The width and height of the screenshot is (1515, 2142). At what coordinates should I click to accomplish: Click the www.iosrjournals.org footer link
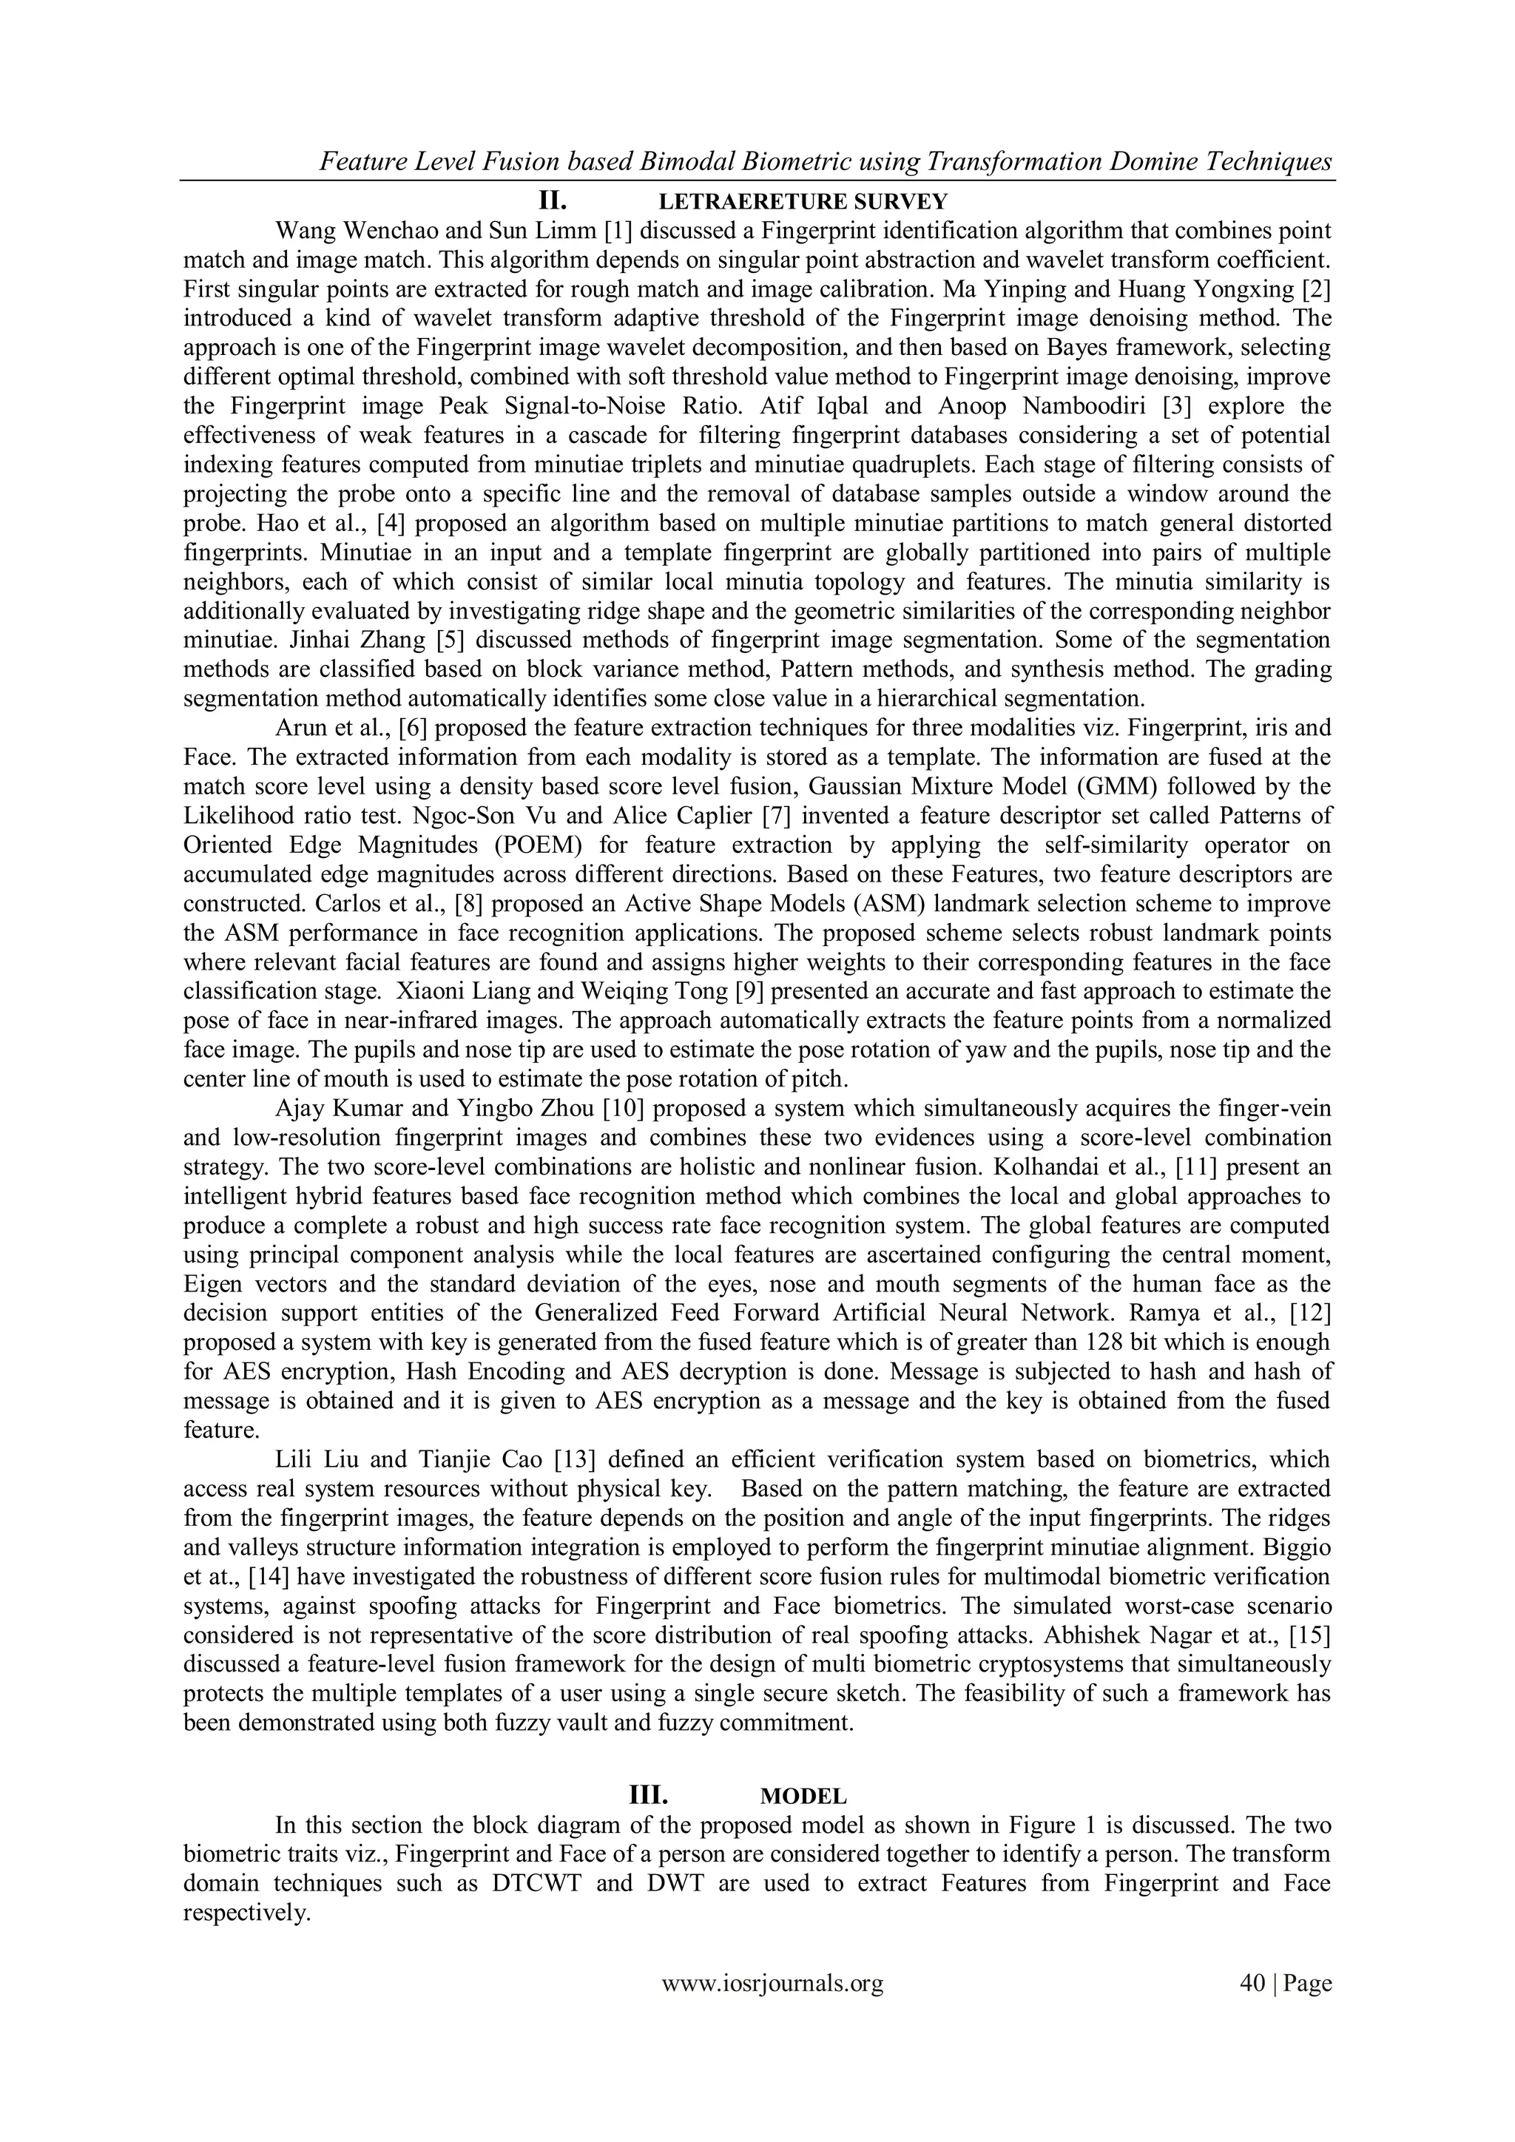tap(772, 2010)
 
